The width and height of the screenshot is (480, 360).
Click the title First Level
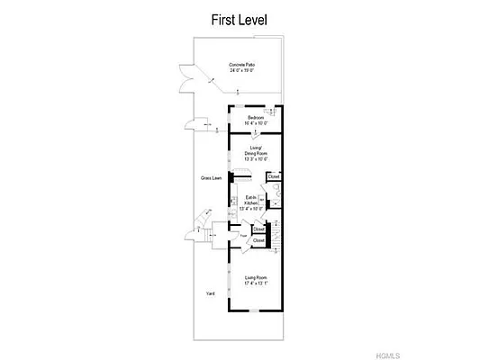coord(239,18)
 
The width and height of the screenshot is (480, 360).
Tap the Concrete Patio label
coord(240,65)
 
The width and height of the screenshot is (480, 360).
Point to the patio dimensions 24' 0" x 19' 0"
coord(240,71)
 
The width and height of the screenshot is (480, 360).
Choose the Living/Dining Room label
coord(257,150)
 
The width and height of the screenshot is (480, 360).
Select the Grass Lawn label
coord(212,178)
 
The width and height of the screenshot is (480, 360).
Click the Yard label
coord(210,292)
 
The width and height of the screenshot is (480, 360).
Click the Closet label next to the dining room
coord(273,176)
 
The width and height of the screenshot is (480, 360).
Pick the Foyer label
coord(243,236)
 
